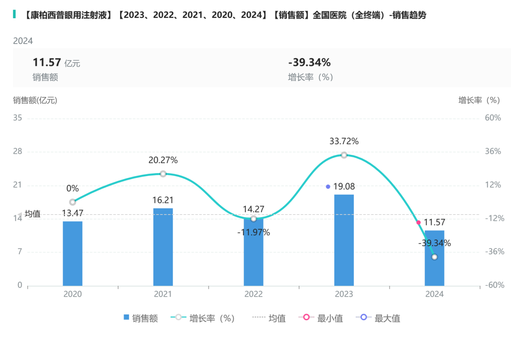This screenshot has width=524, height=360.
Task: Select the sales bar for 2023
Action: tap(344, 240)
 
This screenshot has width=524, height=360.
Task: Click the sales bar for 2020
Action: tap(72, 253)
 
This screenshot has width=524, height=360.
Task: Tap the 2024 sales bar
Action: tap(434, 258)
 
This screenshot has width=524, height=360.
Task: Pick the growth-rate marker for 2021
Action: tap(163, 174)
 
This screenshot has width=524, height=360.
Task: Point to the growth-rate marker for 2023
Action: tap(344, 155)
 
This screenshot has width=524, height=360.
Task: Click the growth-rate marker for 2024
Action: tap(434, 257)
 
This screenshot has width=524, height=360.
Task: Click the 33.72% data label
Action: tap(344, 141)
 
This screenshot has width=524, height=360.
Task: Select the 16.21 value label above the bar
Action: tap(163, 201)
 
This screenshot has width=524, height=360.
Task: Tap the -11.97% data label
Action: tap(254, 232)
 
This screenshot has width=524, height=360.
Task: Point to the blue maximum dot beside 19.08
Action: tap(328, 187)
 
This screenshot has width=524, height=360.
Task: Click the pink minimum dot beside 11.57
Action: tap(418, 222)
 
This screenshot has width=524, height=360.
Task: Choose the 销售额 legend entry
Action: tap(140, 318)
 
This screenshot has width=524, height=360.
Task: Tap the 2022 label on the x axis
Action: tap(254, 294)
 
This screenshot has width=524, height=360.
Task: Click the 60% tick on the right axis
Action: tap(493, 118)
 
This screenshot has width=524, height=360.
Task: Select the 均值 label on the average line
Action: tap(33, 214)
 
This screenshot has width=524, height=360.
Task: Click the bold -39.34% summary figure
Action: tap(309, 63)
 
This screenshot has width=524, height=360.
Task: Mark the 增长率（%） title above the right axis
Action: tap(479, 100)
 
